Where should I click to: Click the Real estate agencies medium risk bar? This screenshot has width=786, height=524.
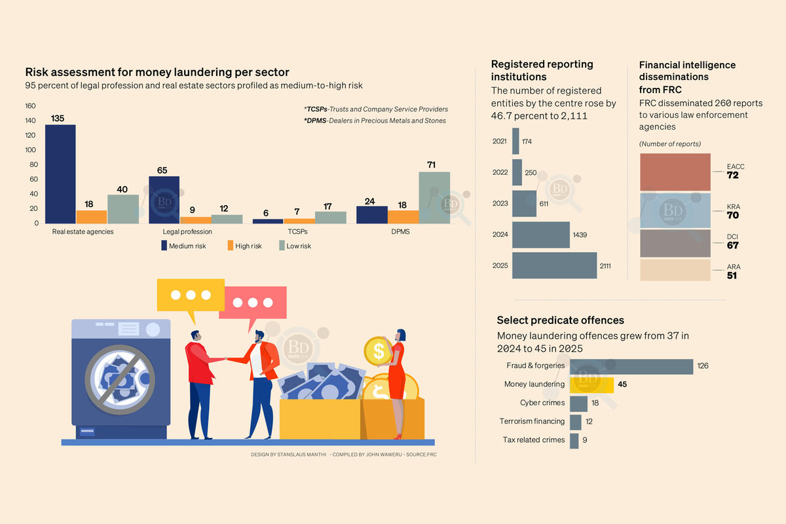tap(60, 174)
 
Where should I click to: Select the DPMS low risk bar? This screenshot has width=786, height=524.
tap(434, 198)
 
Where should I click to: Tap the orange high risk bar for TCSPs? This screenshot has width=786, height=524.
tap(299, 221)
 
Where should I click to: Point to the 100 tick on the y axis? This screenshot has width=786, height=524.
tap(31, 150)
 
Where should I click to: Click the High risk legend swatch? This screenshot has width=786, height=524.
tap(231, 246)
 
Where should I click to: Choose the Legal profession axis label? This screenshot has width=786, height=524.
tap(187, 232)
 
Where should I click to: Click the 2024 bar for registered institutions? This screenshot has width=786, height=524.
tap(541, 234)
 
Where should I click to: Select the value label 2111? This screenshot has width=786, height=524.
tap(605, 266)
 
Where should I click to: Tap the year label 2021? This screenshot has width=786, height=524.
tap(499, 141)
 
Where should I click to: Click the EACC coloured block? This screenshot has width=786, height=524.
tap(675, 172)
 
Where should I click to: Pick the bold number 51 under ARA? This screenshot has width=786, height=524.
tap(732, 276)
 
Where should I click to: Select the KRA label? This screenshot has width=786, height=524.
tap(734, 207)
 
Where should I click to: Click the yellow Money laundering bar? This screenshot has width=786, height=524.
tap(591, 385)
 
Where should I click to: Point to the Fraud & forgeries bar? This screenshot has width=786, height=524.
tap(631, 366)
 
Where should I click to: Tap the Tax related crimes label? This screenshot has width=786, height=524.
tap(534, 440)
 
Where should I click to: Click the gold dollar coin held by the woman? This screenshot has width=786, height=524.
tap(379, 351)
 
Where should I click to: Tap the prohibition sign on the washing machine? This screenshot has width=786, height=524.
tap(120, 379)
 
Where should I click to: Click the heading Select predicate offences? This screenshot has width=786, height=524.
tap(561, 320)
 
